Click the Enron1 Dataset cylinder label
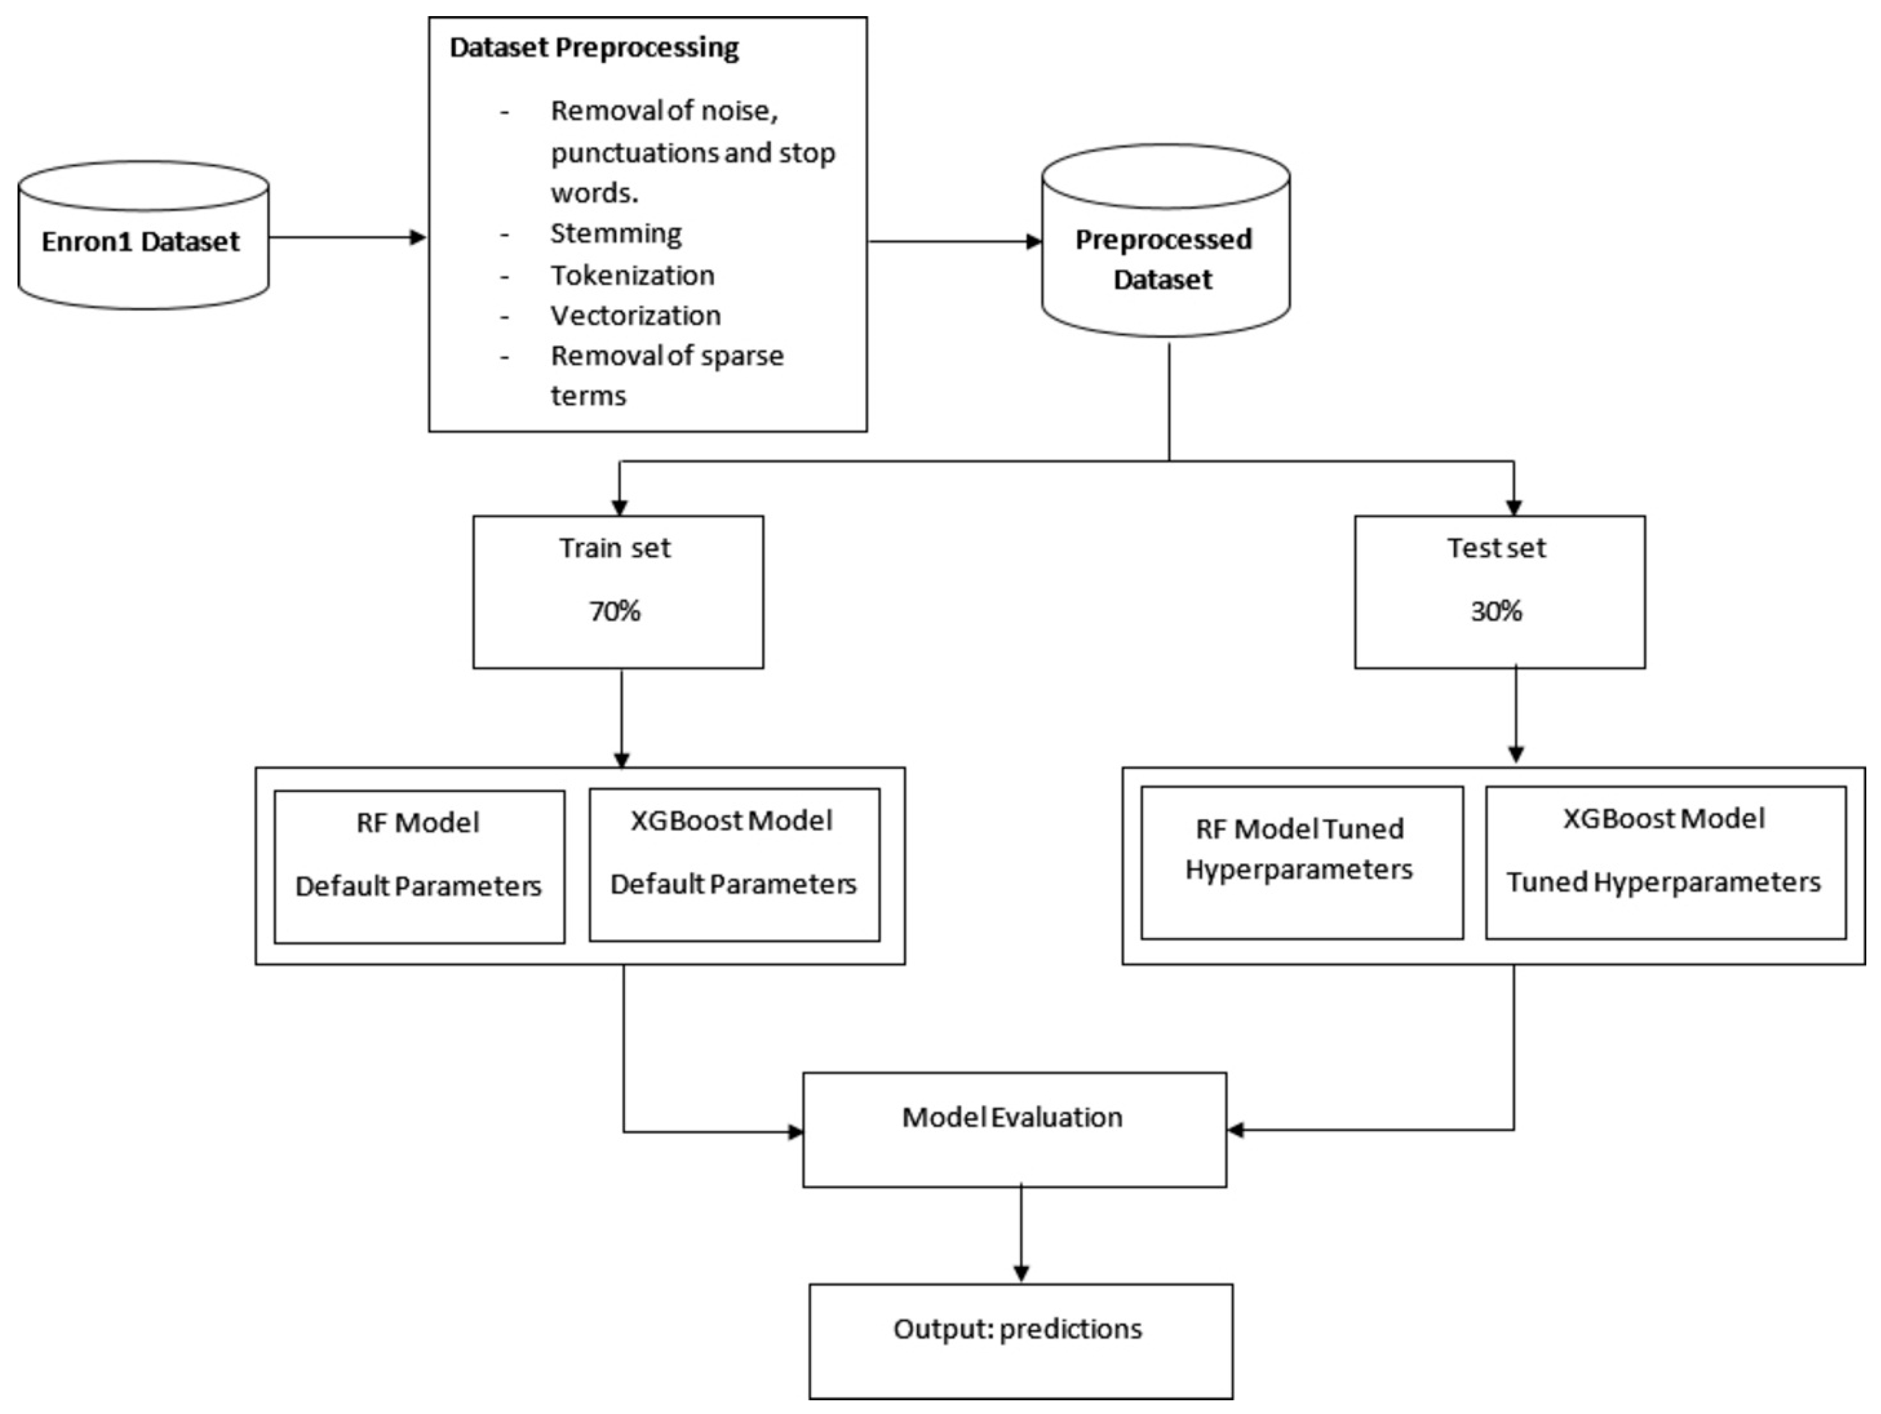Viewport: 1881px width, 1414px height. pyautogui.click(x=141, y=242)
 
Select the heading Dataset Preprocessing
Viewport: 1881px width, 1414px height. pyautogui.click(x=594, y=48)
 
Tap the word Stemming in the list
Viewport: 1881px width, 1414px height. pyautogui.click(x=615, y=233)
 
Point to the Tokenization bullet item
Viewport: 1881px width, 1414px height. pyautogui.click(x=632, y=275)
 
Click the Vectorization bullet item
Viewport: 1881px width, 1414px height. pyautogui.click(x=635, y=315)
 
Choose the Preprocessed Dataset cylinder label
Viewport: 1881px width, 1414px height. pyautogui.click(x=1163, y=259)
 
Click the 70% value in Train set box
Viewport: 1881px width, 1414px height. pyautogui.click(x=615, y=611)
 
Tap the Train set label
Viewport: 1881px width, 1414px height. pyautogui.click(x=615, y=548)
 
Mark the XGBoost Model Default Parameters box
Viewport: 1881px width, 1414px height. pyautogui.click(x=734, y=864)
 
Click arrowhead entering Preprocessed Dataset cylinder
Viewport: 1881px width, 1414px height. pyautogui.click(x=1033, y=242)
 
